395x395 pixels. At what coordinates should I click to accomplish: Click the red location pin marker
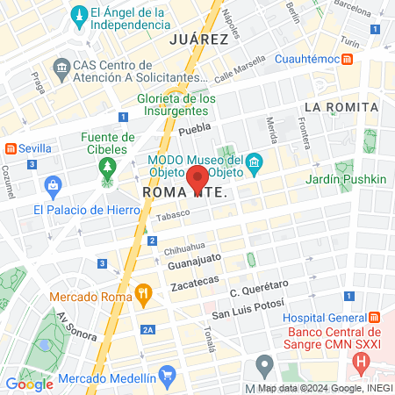tap(198, 178)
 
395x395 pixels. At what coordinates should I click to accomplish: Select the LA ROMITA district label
tap(341, 107)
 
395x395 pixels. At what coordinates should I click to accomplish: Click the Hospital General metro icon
tap(374, 317)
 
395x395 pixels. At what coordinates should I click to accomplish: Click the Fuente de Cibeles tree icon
tap(108, 166)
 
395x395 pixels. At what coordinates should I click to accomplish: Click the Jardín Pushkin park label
tap(346, 179)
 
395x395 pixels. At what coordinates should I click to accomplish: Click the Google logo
tap(29, 384)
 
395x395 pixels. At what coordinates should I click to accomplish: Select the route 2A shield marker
tap(148, 330)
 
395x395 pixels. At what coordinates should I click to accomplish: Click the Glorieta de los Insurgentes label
tap(176, 105)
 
